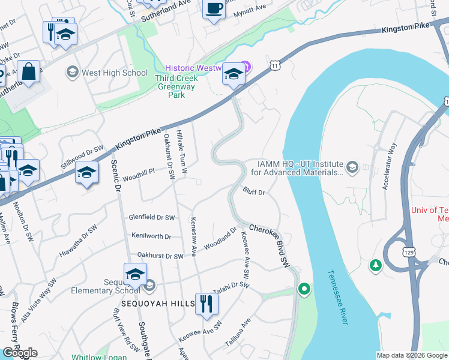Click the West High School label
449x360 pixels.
[114, 73]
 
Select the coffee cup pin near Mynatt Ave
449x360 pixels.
[214, 9]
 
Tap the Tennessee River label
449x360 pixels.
[337, 298]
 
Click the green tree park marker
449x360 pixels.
[376, 265]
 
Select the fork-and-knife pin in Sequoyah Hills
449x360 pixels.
[206, 303]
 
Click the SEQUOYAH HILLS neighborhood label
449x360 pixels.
[157, 304]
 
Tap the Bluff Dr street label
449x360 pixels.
[254, 191]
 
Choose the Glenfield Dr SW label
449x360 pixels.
[151, 217]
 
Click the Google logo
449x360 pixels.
[20, 353]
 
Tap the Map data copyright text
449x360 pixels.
[411, 355]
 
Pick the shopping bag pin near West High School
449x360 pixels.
[28, 71]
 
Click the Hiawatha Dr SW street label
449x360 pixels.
[78, 242]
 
